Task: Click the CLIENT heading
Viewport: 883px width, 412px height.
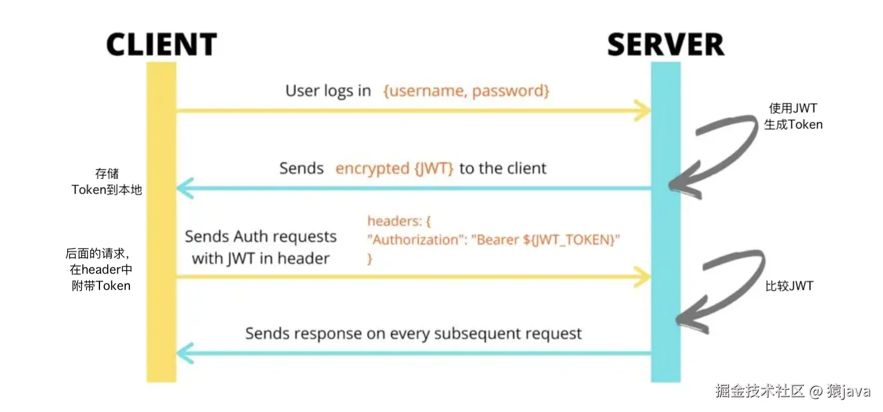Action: [161, 45]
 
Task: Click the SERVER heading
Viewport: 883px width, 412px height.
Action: [666, 45]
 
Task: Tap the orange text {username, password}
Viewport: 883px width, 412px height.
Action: [466, 91]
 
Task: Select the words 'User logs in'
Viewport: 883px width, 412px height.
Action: [328, 91]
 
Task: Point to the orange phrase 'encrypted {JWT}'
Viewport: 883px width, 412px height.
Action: [394, 168]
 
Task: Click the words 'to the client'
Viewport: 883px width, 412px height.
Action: [503, 168]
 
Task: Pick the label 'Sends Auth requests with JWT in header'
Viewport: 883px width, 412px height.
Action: [261, 247]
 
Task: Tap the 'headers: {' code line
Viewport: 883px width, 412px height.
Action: [399, 221]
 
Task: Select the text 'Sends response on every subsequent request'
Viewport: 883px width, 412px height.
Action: [413, 334]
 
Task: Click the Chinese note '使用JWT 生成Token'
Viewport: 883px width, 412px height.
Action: [793, 117]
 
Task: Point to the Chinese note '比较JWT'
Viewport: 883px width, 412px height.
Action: [789, 286]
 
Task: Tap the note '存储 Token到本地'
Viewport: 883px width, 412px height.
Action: [107, 182]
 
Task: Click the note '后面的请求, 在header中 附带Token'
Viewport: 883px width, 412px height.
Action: [99, 269]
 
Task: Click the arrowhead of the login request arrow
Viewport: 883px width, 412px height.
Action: [643, 111]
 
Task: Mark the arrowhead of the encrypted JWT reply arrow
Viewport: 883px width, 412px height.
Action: [183, 189]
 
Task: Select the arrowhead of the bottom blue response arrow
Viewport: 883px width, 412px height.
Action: [183, 353]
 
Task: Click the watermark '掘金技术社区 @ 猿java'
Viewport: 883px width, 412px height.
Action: [792, 392]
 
